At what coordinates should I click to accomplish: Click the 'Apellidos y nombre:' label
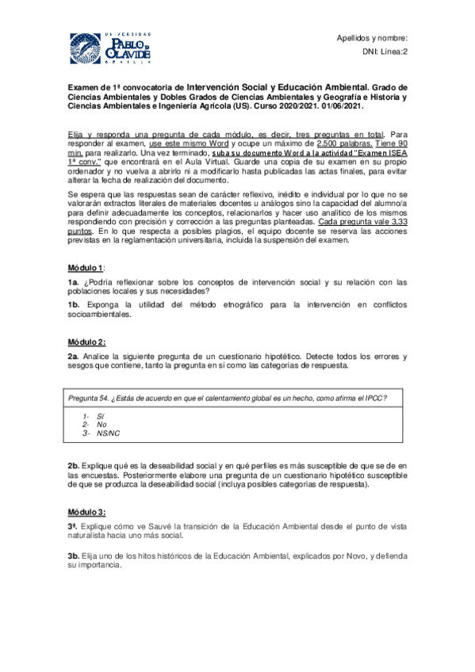(372, 38)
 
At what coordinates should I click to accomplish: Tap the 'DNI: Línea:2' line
(384, 52)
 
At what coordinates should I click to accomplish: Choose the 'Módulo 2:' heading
(88, 342)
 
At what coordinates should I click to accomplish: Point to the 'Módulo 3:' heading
(88, 512)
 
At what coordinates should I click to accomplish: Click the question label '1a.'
(73, 282)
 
